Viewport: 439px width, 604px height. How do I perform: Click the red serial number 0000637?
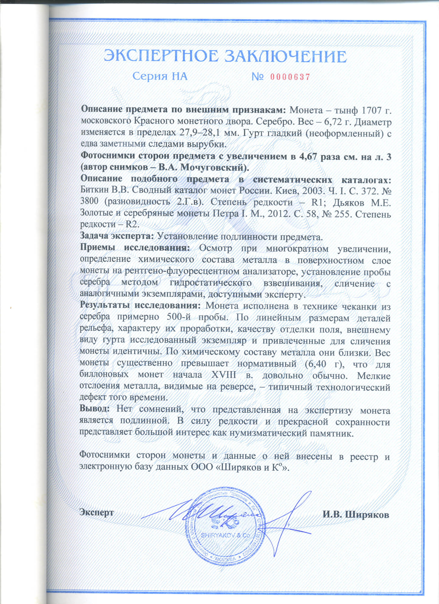290,77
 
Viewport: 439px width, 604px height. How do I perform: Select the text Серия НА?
160,76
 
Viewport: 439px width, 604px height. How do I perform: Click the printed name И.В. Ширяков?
356,514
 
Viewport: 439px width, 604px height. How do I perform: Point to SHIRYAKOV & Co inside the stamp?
225,535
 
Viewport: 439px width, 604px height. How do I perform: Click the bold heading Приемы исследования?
135,248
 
